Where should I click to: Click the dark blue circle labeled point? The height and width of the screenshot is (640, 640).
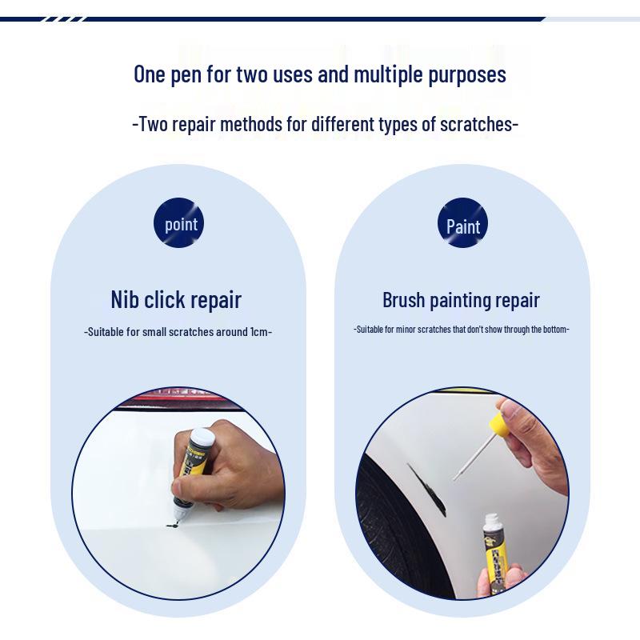tap(179, 223)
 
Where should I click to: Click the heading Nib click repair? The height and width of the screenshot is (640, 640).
tap(176, 300)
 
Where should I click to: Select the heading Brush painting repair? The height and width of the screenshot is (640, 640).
tap(461, 300)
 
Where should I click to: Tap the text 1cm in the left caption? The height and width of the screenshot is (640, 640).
tap(258, 331)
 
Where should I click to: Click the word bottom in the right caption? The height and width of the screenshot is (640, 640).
tap(552, 329)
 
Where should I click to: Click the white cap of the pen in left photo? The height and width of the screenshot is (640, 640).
tap(202, 438)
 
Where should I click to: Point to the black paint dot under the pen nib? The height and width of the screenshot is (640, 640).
tap(171, 526)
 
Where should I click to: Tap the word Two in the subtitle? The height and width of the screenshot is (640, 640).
tap(153, 125)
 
